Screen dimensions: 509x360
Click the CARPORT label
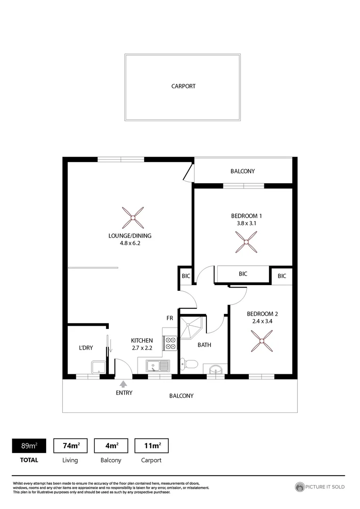pyautogui.click(x=183, y=86)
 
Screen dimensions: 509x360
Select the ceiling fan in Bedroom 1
pyautogui.click(x=245, y=244)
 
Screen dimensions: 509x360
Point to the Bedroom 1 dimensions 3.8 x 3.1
pyautogui.click(x=243, y=224)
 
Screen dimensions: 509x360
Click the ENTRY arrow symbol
pyautogui.click(x=123, y=384)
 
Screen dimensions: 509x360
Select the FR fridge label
pyautogui.click(x=170, y=318)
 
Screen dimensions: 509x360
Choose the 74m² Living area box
pyautogui.click(x=71, y=446)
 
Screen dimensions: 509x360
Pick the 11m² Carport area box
pyautogui.click(x=151, y=446)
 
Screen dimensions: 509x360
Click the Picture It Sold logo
pyautogui.click(x=319, y=487)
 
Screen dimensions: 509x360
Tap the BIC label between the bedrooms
pyautogui.click(x=243, y=273)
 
